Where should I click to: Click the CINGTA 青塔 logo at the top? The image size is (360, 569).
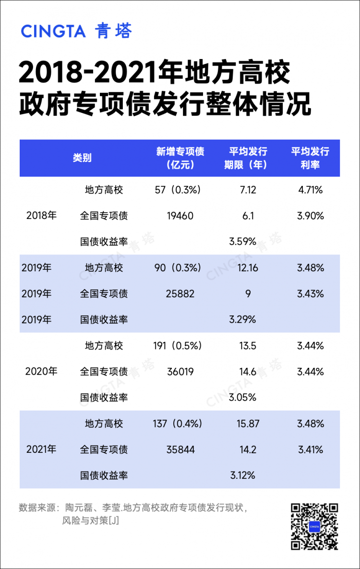(x=76, y=31)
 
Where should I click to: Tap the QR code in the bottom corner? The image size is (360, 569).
(x=314, y=526)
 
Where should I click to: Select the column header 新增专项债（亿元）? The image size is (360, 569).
(x=180, y=158)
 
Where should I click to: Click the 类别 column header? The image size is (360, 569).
(x=82, y=158)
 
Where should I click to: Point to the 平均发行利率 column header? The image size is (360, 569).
(x=310, y=158)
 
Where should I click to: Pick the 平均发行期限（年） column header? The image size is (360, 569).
(x=248, y=158)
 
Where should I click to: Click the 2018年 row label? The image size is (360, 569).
(x=41, y=216)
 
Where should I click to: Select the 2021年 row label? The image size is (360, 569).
(x=41, y=449)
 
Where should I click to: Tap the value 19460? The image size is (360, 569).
(x=180, y=216)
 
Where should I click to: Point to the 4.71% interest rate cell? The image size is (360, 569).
(x=310, y=190)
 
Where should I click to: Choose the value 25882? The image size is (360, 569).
(x=180, y=293)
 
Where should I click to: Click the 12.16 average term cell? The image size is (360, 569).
(x=248, y=267)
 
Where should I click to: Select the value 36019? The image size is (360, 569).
(x=180, y=372)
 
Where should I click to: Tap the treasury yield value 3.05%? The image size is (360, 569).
(x=243, y=398)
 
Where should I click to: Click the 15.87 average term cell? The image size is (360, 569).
(x=248, y=424)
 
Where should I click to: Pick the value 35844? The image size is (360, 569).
(x=180, y=449)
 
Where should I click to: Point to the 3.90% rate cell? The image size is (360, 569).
(x=310, y=216)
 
